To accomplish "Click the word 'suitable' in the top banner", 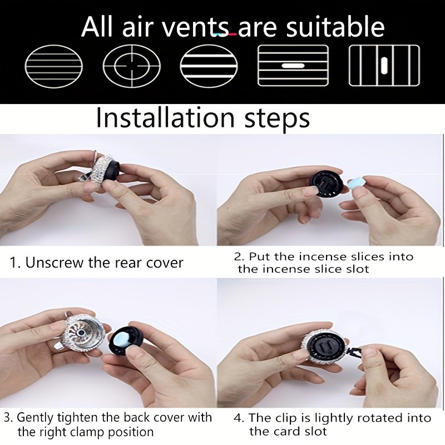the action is [335, 27].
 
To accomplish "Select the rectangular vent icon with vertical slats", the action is [384, 65].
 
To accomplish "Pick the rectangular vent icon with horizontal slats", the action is [293, 65].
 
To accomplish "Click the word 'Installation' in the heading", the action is [166, 118].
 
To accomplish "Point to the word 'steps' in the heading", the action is [277, 119].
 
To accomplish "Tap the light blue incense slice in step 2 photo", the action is [355, 185].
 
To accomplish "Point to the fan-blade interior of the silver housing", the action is [82, 333].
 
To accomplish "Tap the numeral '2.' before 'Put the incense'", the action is [239, 256].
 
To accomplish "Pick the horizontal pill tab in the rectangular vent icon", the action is [293, 66].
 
